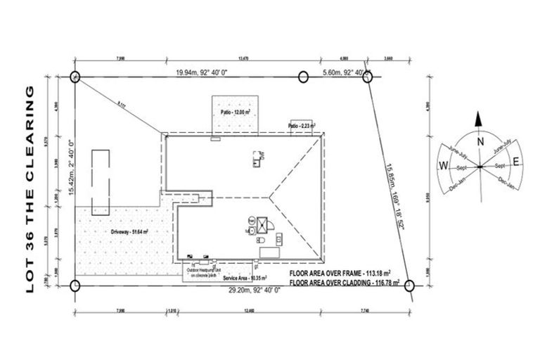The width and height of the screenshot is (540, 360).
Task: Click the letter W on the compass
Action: click(x=444, y=166)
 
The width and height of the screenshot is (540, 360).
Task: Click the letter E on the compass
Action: click(x=516, y=162)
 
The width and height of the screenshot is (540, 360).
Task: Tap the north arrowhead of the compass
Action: click(x=478, y=120)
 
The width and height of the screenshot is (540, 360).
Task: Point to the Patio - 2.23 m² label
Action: click(x=303, y=127)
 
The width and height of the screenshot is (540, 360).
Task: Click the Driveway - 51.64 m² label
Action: click(x=128, y=231)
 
